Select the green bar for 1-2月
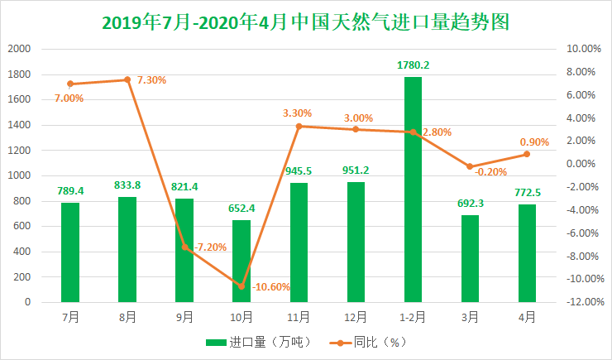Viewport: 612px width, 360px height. pos(413,190)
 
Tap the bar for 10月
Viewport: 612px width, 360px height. pos(241,261)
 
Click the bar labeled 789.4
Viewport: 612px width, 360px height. pos(70,252)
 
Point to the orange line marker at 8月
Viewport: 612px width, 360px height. pos(127,79)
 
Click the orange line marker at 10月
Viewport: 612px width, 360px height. pos(241,286)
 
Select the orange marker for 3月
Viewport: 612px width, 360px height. pos(470,166)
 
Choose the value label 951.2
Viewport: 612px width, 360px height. pos(356,170)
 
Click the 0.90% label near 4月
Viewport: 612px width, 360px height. pos(534,142)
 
